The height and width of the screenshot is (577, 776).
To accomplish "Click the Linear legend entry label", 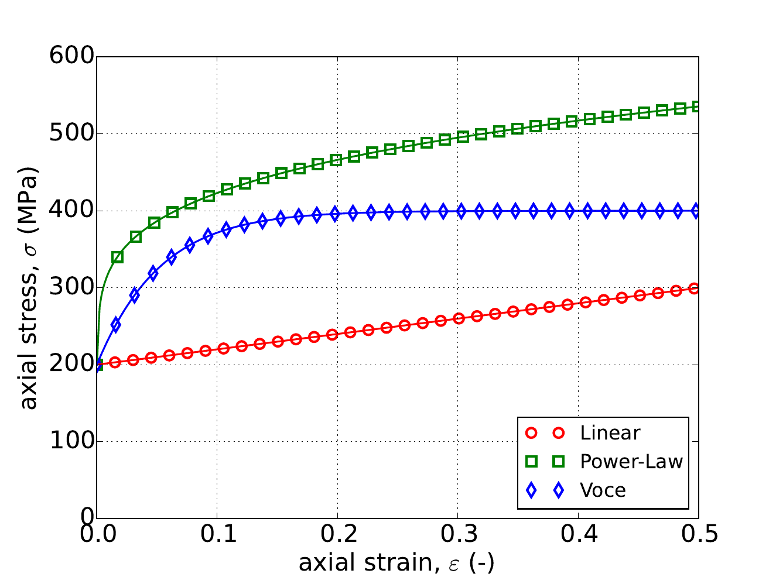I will [610, 433].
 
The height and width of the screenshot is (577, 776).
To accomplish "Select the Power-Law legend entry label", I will [631, 462].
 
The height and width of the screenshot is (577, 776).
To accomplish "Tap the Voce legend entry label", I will [603, 490].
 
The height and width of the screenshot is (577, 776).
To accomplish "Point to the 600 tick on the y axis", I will [71, 57].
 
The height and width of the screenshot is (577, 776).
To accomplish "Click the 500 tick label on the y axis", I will [71, 133].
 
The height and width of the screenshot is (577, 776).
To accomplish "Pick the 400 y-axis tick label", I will [71, 211].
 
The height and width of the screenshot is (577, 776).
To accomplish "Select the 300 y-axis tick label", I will [71, 287].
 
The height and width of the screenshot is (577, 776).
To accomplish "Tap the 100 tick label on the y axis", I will [71, 441].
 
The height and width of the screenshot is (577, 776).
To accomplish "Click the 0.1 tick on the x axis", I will [217, 535].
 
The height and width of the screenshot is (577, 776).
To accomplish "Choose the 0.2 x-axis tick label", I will [338, 535].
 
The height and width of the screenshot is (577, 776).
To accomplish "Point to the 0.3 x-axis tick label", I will [458, 535].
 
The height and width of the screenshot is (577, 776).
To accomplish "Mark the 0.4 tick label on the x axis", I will [579, 535].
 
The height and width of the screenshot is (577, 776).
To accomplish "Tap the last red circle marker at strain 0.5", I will [695, 288].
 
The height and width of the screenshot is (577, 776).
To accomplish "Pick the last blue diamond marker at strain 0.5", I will [696, 211].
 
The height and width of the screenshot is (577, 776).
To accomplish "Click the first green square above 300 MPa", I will [118, 257].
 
